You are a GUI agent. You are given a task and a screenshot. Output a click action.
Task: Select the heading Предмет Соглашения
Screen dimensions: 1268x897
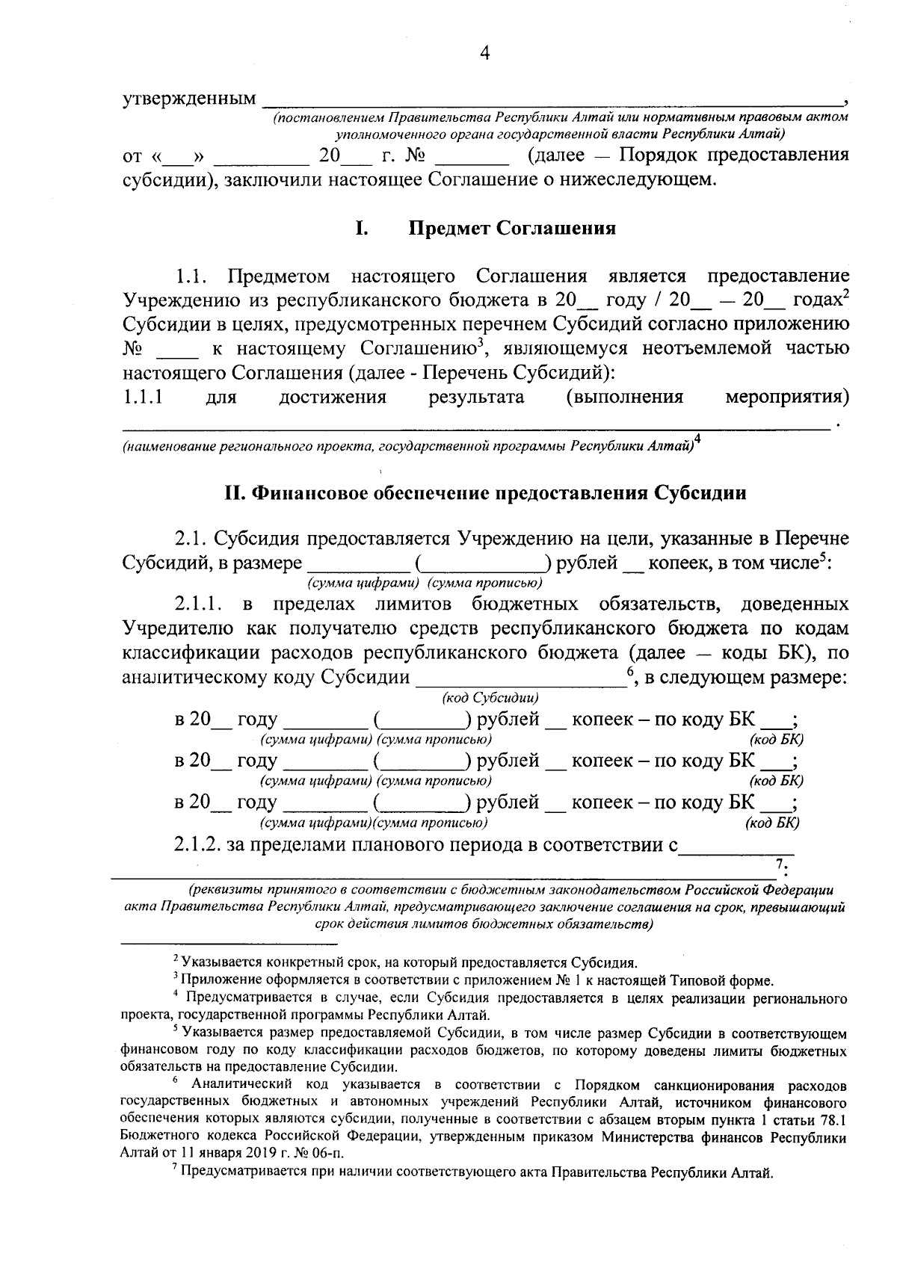pyautogui.click(x=512, y=228)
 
